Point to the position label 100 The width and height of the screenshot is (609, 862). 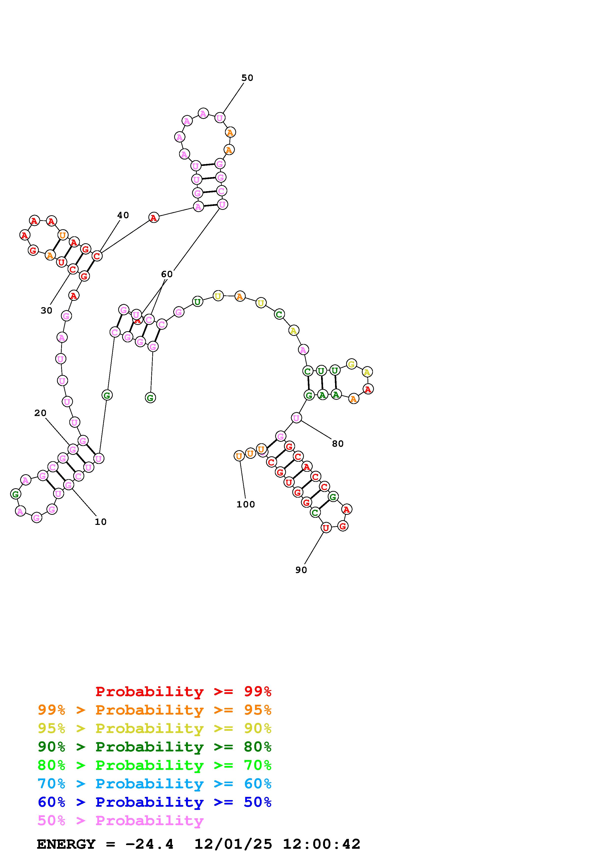tap(245, 504)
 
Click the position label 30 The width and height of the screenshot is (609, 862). tap(46, 311)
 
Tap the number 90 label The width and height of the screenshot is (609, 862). tap(301, 570)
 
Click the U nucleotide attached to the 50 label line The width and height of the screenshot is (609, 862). tap(220, 118)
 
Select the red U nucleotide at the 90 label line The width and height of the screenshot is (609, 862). tap(326, 528)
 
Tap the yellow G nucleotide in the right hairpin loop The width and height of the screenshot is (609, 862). tap(351, 364)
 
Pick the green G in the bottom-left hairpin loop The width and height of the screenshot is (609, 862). tap(15, 494)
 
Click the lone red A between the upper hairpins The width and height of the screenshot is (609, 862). tap(154, 217)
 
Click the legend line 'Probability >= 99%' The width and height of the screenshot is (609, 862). tap(183, 691)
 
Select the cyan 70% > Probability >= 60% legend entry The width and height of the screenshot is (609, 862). tap(154, 784)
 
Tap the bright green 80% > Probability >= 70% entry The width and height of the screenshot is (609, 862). tap(154, 765)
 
